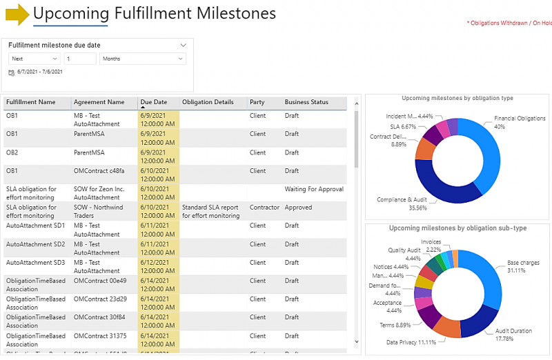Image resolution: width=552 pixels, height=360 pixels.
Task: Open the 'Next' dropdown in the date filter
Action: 34,59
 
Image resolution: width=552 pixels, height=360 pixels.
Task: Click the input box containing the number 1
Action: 80,59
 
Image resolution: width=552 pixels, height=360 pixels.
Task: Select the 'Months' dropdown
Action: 143,59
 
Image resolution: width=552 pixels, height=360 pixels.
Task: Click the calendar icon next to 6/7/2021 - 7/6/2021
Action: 11,72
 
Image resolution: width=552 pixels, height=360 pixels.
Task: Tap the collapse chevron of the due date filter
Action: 183,45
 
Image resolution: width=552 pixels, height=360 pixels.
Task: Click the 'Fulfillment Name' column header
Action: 31,103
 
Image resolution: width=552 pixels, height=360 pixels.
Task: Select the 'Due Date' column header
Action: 154,103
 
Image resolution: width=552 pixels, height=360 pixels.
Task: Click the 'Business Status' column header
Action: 306,103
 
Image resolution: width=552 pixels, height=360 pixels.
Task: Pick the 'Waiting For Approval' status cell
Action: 314,189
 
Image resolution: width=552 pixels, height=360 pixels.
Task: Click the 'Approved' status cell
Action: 298,207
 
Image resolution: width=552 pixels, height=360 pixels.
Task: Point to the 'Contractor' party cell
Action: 264,207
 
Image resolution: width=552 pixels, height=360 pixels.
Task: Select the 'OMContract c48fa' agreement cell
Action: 99,171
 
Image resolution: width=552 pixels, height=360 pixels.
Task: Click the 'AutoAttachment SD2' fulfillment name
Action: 35,244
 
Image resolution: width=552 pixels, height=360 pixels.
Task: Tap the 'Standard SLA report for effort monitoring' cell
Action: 211,211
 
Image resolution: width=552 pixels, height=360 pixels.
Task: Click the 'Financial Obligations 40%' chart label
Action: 520,122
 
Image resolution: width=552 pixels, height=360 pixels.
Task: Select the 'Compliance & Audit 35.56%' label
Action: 402,203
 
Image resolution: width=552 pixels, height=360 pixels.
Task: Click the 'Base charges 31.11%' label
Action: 523,266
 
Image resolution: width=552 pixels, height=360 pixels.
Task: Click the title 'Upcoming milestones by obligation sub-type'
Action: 457,228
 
